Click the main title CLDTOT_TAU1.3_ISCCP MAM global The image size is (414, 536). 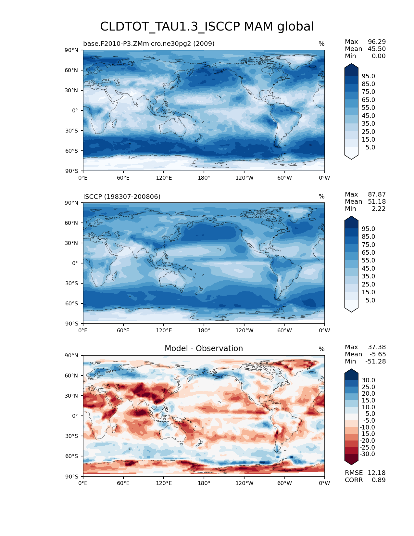pyautogui.click(x=207, y=27)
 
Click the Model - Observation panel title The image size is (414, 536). pyautogui.click(x=204, y=349)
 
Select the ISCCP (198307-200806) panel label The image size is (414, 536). pyautogui.click(x=122, y=197)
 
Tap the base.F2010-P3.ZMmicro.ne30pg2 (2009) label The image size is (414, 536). pyautogui.click(x=149, y=44)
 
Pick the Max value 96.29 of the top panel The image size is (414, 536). pyautogui.click(x=377, y=42)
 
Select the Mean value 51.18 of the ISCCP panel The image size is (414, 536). pyautogui.click(x=377, y=201)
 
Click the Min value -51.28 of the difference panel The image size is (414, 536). pyautogui.click(x=375, y=361)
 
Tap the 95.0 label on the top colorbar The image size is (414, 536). pyautogui.click(x=368, y=76)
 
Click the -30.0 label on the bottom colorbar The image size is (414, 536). pyautogui.click(x=367, y=454)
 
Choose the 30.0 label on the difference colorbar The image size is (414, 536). pyautogui.click(x=368, y=380)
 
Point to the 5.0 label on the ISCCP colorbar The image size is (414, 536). pyautogui.click(x=370, y=300)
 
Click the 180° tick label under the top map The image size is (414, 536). pyautogui.click(x=204, y=178)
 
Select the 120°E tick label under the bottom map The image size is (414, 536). pyautogui.click(x=164, y=483)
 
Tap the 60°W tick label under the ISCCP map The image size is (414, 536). pyautogui.click(x=284, y=330)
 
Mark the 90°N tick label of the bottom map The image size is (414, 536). pyautogui.click(x=72, y=355)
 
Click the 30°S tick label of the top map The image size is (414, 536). pyautogui.click(x=72, y=131)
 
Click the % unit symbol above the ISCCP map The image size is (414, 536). pyautogui.click(x=321, y=197)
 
